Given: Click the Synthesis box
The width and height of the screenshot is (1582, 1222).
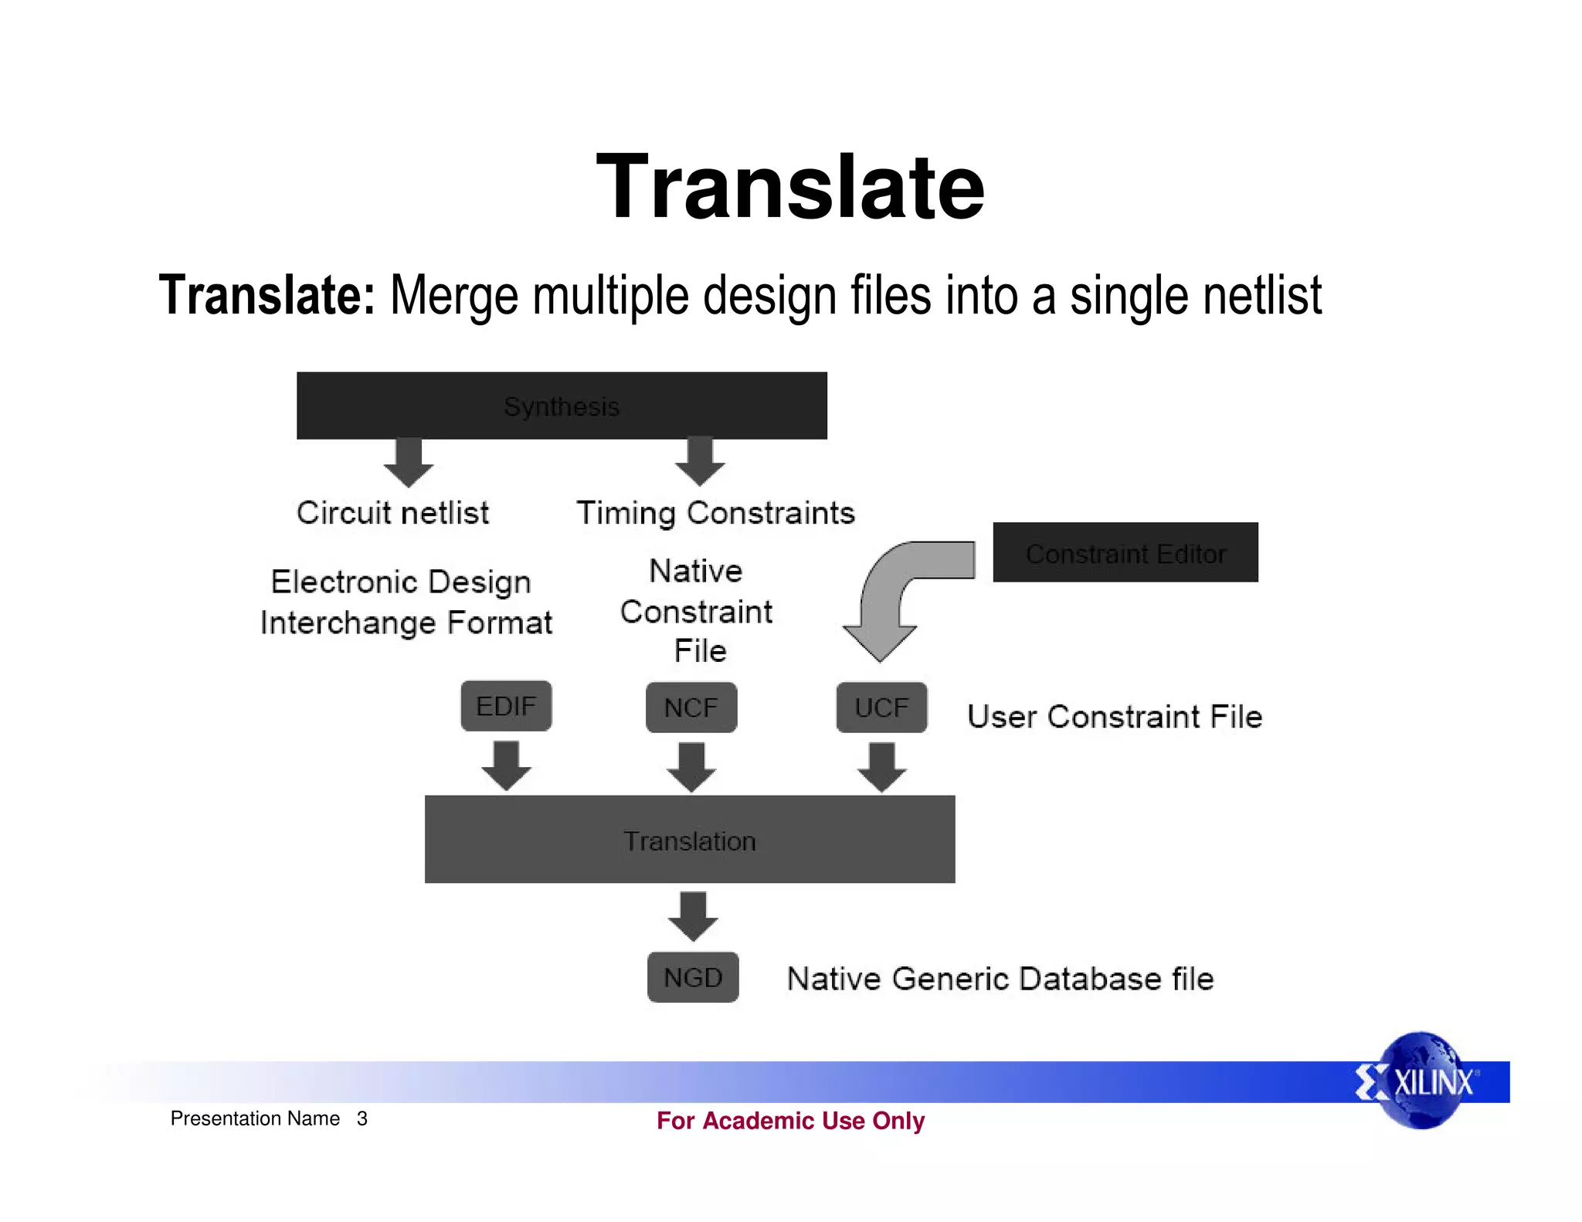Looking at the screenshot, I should pyautogui.click(x=562, y=406).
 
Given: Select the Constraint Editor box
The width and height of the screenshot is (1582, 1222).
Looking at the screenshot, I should pyautogui.click(x=1125, y=553).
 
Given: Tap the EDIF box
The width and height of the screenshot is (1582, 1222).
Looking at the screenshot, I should pyautogui.click(x=506, y=706).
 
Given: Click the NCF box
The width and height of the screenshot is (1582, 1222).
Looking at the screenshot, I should pyautogui.click(x=691, y=708).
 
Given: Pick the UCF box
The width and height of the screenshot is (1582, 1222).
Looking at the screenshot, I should pyautogui.click(x=881, y=708).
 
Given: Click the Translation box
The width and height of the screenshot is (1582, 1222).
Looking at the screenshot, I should pyautogui.click(x=689, y=840).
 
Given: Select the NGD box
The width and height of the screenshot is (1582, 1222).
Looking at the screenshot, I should pyautogui.click(x=692, y=978).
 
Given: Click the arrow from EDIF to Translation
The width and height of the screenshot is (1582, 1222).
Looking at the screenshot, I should pyautogui.click(x=506, y=765).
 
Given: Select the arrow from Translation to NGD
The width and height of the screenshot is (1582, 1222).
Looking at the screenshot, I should pyautogui.click(x=693, y=916).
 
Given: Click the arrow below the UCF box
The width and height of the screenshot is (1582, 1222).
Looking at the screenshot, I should pyautogui.click(x=881, y=767).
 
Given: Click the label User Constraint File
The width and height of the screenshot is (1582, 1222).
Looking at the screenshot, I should pyautogui.click(x=1114, y=717).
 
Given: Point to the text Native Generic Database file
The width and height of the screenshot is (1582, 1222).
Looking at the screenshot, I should pyautogui.click(x=1000, y=979).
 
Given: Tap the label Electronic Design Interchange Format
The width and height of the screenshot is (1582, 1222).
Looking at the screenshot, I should pyautogui.click(x=406, y=602).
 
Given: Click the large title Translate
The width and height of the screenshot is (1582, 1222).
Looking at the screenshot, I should pyautogui.click(x=790, y=187).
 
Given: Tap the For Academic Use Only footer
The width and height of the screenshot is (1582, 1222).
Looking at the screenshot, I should pyautogui.click(x=790, y=1121).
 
